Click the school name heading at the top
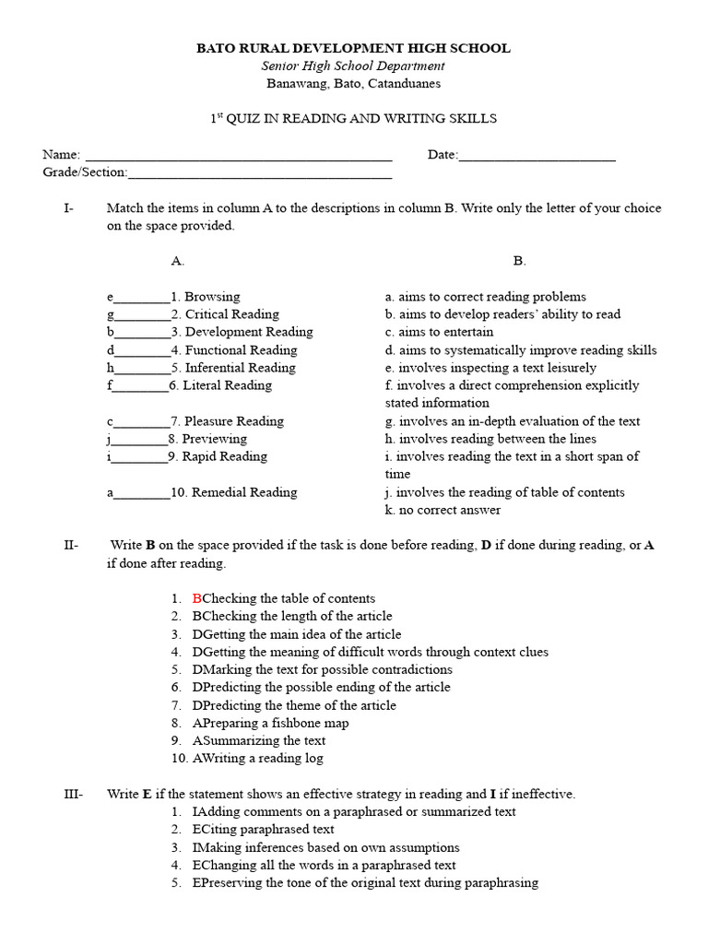point(353,48)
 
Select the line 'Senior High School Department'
point(353,65)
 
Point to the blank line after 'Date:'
point(537,156)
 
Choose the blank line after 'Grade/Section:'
point(260,173)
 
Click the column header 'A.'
point(178,261)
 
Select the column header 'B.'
point(519,261)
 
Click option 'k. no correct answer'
point(443,510)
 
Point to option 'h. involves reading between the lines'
point(490,439)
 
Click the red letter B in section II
point(196,599)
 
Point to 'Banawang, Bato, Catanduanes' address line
point(353,83)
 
